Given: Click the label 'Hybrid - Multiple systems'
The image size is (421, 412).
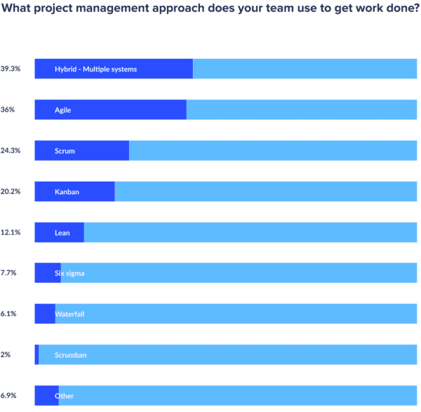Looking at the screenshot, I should point(95,69).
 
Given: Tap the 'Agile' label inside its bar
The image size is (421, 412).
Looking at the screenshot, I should point(62,110).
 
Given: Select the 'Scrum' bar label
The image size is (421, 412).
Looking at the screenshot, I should point(65,151).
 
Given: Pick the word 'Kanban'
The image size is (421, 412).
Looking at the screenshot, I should point(67,191).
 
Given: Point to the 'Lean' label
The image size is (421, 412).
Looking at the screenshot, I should point(62,233).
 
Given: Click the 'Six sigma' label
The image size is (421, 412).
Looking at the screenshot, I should point(69,273).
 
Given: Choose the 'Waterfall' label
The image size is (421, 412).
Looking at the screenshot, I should point(69,315).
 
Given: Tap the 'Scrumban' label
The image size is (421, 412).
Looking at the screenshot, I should point(71,355).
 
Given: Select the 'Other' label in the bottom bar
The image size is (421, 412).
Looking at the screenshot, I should point(65,396).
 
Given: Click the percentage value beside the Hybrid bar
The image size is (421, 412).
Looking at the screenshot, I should point(10,69).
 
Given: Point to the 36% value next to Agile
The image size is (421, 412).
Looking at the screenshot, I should point(8,110).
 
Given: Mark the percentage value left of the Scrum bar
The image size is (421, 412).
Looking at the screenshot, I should point(10,151).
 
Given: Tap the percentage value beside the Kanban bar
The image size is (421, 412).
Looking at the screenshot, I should point(10,191).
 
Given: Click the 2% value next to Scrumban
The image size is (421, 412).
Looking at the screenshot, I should point(6,355).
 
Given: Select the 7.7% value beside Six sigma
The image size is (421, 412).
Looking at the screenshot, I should point(8,273).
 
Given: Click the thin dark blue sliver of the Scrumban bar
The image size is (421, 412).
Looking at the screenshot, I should point(36,355).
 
